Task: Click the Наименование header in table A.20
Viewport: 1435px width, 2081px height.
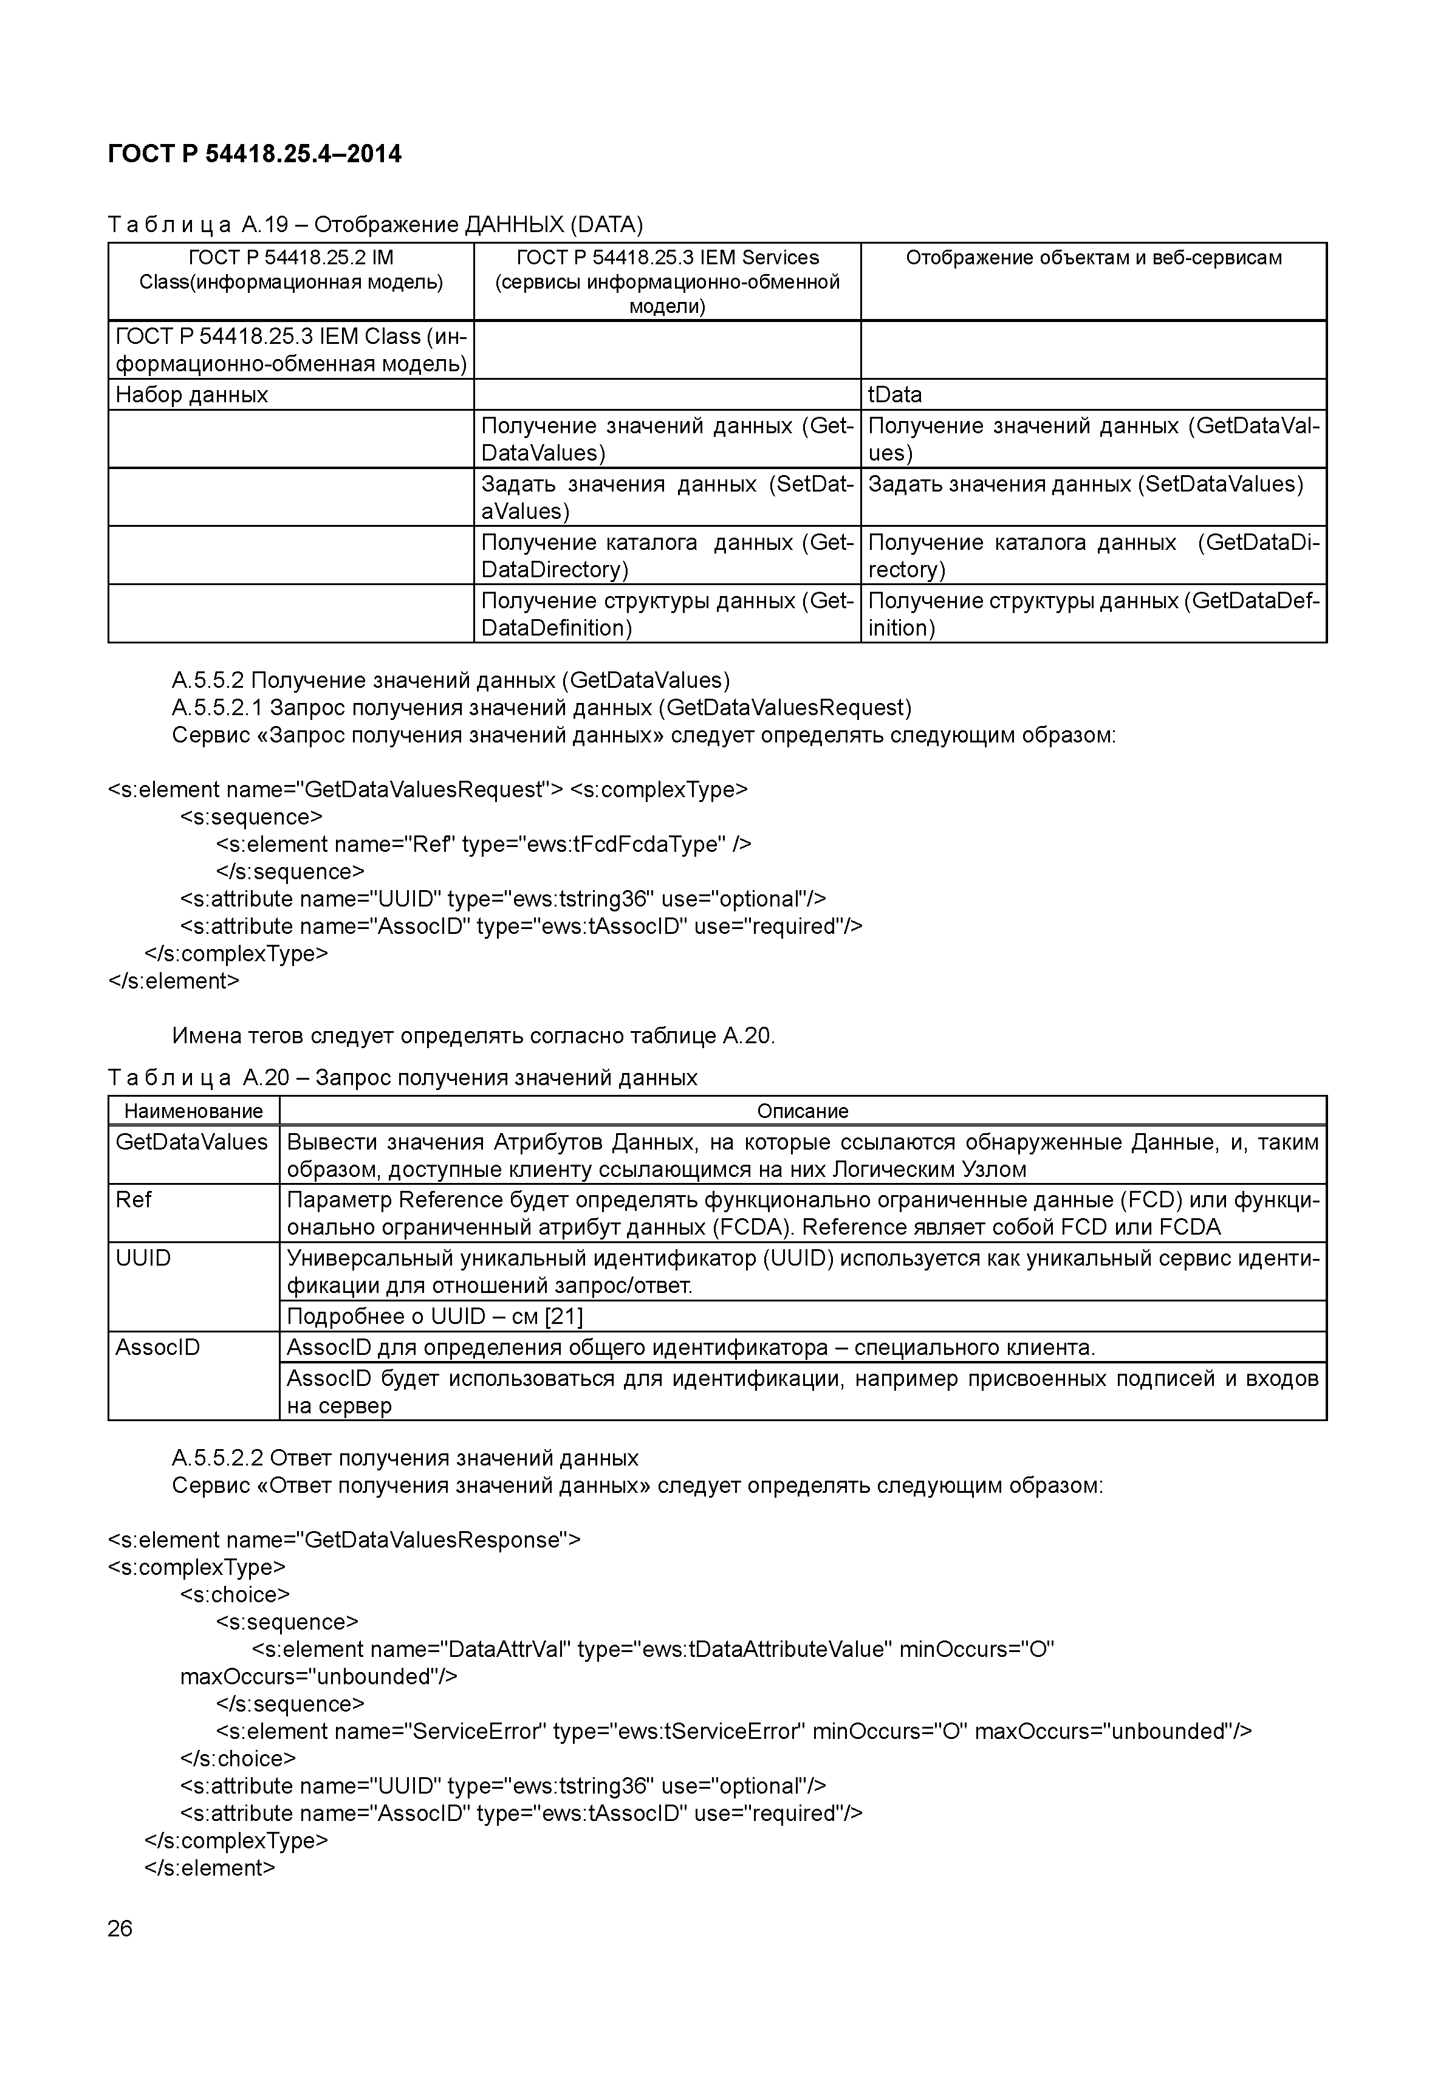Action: click(193, 1111)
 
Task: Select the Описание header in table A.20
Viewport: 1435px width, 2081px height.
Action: click(802, 1111)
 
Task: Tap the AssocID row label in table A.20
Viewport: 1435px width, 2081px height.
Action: click(157, 1347)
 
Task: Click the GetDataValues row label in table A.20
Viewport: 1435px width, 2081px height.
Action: click(191, 1142)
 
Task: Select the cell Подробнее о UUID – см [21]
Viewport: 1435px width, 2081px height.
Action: click(434, 1317)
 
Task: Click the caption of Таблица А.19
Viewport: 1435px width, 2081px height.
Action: click(375, 224)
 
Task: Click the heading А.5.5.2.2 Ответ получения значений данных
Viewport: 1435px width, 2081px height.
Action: click(405, 1458)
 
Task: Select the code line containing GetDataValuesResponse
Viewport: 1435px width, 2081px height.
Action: click(344, 1540)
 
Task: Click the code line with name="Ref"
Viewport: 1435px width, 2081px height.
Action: click(483, 845)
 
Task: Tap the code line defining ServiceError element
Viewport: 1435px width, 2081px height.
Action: click(733, 1731)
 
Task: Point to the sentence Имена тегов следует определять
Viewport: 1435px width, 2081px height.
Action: click(473, 1036)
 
